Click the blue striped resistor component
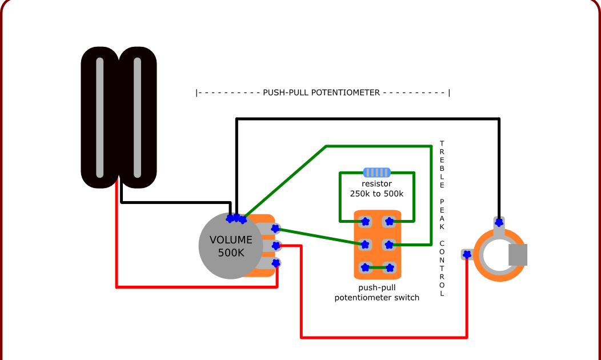(x=376, y=172)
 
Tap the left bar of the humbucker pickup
(x=100, y=117)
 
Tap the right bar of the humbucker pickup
(x=137, y=117)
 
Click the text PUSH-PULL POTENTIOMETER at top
(x=322, y=93)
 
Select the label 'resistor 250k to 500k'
(x=376, y=189)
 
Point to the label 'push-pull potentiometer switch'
(x=376, y=293)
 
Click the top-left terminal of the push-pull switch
(x=365, y=221)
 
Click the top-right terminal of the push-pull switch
(x=389, y=221)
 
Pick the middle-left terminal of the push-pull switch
(x=365, y=245)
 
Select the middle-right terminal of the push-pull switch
(x=389, y=245)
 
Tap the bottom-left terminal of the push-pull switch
(x=365, y=267)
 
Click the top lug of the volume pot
(x=275, y=228)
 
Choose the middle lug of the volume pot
(x=275, y=246)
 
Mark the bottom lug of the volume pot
(x=275, y=263)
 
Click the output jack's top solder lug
(x=499, y=222)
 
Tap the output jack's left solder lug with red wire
(x=467, y=255)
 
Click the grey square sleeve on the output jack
(x=518, y=255)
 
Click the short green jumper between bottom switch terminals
(x=377, y=267)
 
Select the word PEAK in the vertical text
(x=442, y=215)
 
